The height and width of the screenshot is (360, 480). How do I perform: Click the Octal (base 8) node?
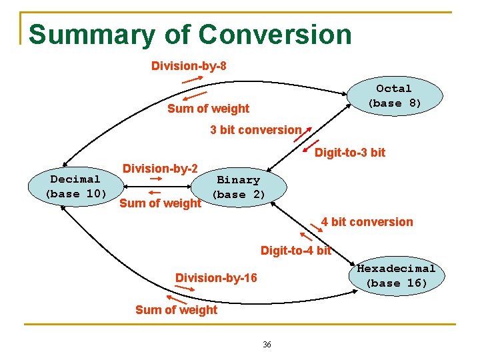pyautogui.click(x=394, y=96)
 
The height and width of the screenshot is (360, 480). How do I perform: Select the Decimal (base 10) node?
pyautogui.click(x=75, y=187)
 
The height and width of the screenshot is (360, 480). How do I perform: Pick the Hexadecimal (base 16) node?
pyautogui.click(x=396, y=276)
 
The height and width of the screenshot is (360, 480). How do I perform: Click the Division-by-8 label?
pyautogui.click(x=189, y=65)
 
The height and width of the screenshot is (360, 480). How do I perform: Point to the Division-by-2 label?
pyautogui.click(x=159, y=168)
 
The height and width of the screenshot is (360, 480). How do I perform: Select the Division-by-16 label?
pyautogui.click(x=215, y=277)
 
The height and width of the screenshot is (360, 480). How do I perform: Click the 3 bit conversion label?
pyautogui.click(x=255, y=130)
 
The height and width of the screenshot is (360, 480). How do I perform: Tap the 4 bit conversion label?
pyautogui.click(x=367, y=222)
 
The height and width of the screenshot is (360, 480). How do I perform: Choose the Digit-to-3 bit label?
pyautogui.click(x=349, y=153)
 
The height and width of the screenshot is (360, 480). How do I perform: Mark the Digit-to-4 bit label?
pyautogui.click(x=295, y=251)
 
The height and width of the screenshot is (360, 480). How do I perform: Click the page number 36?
pyautogui.click(x=267, y=345)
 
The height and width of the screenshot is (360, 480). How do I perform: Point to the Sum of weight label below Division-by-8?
pyautogui.click(x=208, y=109)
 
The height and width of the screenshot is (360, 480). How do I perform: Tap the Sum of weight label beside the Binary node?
pyautogui.click(x=159, y=203)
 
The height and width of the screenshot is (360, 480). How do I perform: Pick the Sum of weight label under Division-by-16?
pyautogui.click(x=176, y=309)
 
